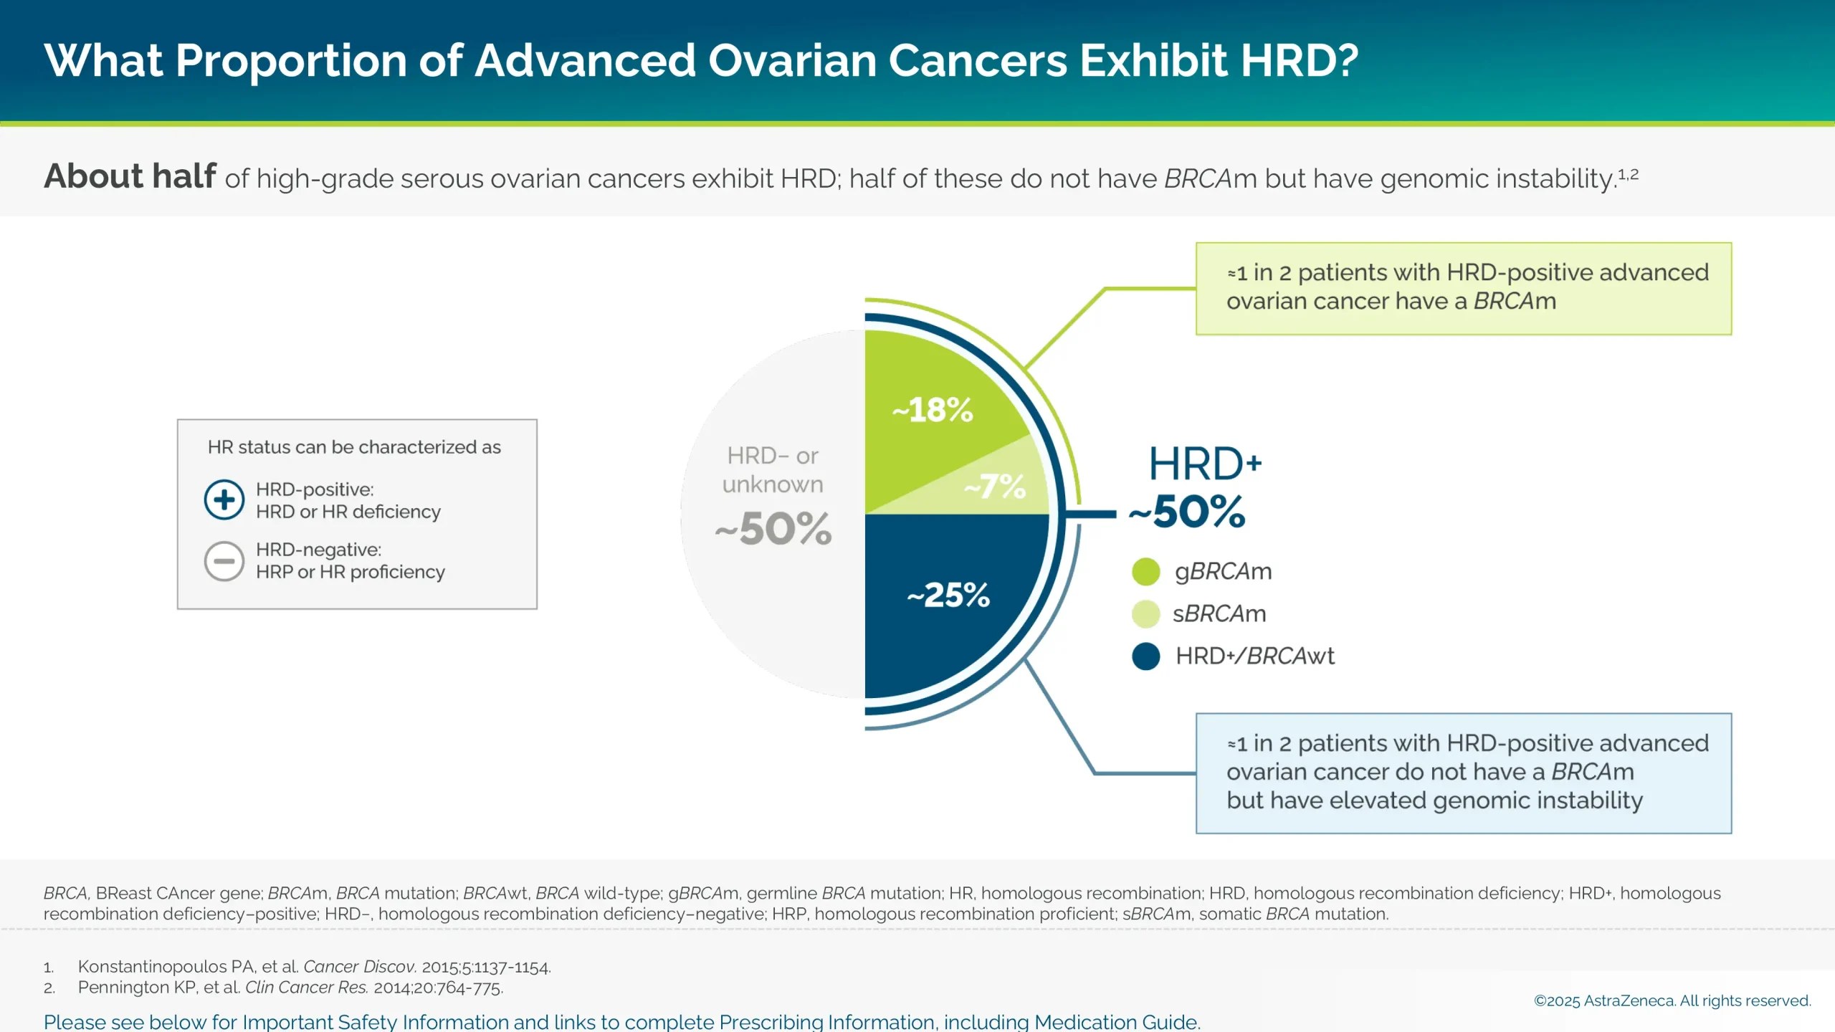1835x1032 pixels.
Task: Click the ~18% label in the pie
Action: click(x=933, y=410)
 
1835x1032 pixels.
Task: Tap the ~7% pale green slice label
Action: click(x=996, y=487)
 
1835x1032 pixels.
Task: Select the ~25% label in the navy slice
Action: click(x=948, y=595)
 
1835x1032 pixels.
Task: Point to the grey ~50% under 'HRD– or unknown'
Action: click(x=773, y=529)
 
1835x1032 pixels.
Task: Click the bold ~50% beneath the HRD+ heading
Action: click(x=1188, y=512)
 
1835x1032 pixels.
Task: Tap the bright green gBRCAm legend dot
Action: click(x=1145, y=572)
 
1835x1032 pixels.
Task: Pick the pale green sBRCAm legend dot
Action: click(x=1145, y=614)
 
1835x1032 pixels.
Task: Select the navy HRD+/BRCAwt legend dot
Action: click(x=1145, y=656)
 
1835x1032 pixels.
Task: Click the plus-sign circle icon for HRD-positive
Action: click(x=224, y=500)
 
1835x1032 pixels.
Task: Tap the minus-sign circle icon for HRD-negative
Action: click(x=224, y=560)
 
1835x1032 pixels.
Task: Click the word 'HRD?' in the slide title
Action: click(x=1299, y=60)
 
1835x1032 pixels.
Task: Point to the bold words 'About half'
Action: click(x=130, y=176)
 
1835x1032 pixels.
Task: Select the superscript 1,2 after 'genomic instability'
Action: click(x=1629, y=174)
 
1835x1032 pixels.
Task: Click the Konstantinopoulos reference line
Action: click(x=314, y=967)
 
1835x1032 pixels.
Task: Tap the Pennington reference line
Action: click(x=290, y=988)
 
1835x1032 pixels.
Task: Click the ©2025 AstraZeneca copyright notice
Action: click(x=1672, y=1000)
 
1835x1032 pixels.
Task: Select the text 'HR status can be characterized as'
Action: click(x=354, y=447)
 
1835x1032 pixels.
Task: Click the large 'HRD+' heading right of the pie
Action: click(x=1204, y=464)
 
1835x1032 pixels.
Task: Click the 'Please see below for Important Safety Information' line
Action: click(x=621, y=1021)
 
